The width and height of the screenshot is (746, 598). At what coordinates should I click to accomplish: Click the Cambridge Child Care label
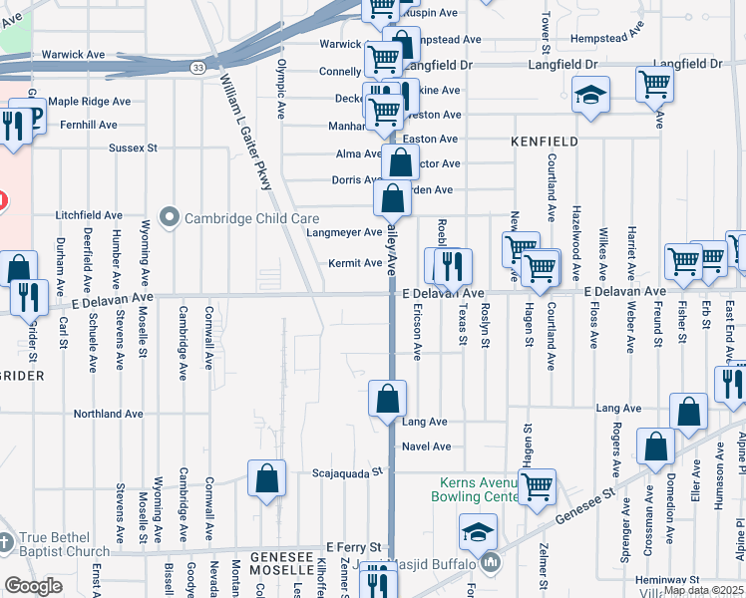click(235, 218)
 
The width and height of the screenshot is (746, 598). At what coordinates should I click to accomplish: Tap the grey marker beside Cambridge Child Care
click(169, 217)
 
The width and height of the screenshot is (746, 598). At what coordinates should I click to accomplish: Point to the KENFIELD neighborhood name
click(545, 143)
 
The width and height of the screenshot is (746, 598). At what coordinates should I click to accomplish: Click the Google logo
click(33, 585)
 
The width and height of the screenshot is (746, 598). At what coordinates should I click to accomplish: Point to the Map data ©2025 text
click(702, 589)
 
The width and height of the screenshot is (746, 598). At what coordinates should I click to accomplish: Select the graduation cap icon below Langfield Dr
click(591, 96)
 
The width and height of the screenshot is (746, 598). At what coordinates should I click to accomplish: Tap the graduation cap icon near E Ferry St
click(478, 531)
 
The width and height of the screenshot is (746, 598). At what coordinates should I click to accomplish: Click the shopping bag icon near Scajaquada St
click(267, 477)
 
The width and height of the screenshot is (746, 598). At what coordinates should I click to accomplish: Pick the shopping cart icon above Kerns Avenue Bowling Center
click(537, 485)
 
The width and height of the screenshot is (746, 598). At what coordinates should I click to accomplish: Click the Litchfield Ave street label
click(89, 215)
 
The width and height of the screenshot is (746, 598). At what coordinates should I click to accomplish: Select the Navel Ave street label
click(427, 447)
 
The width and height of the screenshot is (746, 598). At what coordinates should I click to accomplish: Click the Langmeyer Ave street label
click(344, 233)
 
